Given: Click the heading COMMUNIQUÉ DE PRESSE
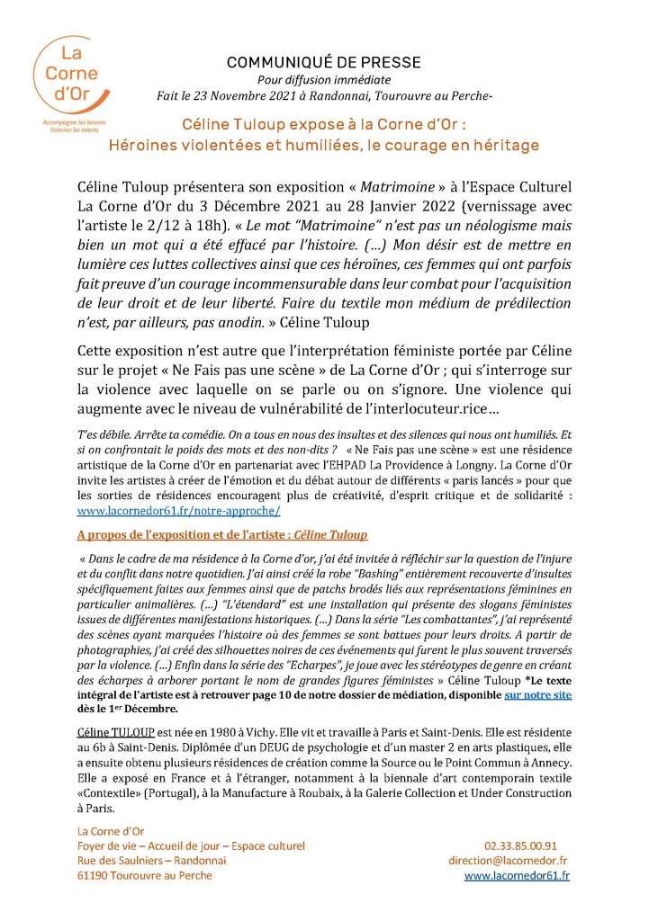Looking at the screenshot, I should click(323, 63).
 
